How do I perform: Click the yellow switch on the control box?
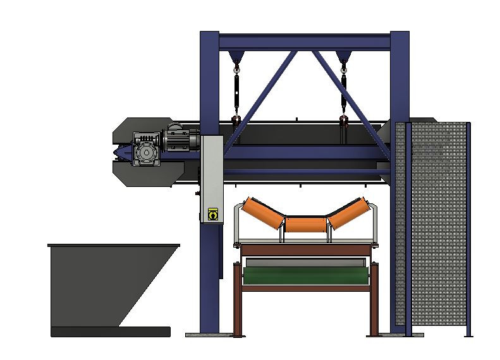[212, 215]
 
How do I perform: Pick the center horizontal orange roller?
[305, 224]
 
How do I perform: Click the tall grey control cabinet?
[212, 177]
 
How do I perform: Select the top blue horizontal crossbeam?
[304, 42]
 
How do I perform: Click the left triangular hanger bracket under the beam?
[237, 57]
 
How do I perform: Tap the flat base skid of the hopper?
[111, 332]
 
